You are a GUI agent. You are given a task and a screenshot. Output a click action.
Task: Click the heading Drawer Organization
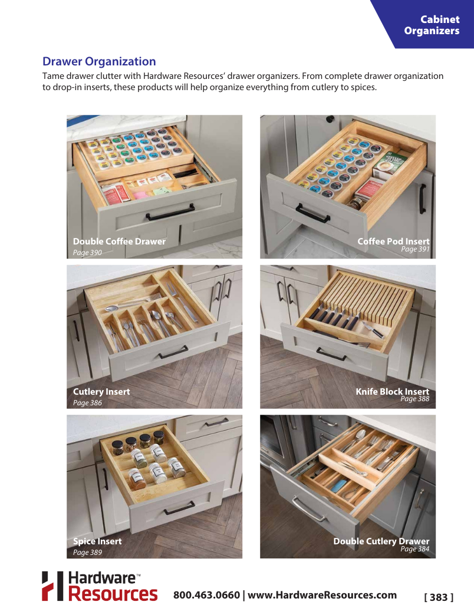[x=99, y=62]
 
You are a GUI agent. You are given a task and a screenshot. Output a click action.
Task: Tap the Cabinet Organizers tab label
[x=432, y=25]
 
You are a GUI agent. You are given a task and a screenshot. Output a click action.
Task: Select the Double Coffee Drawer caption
[x=119, y=242]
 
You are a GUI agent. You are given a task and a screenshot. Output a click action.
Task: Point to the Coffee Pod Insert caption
[x=393, y=242]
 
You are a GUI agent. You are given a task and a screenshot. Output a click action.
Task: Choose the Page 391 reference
[x=415, y=249]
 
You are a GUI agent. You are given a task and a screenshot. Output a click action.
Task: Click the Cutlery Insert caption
[x=101, y=392]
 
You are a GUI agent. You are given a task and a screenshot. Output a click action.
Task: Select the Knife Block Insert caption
[x=392, y=392]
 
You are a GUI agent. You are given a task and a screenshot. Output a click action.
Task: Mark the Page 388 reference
[x=415, y=399]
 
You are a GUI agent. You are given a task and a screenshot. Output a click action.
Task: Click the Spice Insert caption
[x=97, y=541]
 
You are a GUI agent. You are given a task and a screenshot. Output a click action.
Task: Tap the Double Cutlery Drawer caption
[x=381, y=541]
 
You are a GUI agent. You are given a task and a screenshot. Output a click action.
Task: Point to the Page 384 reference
[x=415, y=549]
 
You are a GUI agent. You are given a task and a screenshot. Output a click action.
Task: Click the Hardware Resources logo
[x=100, y=586]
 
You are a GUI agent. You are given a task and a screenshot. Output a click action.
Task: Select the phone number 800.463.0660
[x=206, y=595]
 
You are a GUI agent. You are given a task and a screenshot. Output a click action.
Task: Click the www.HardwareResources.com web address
[x=322, y=595]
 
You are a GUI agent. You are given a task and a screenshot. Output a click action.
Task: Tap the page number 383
[x=439, y=597]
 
